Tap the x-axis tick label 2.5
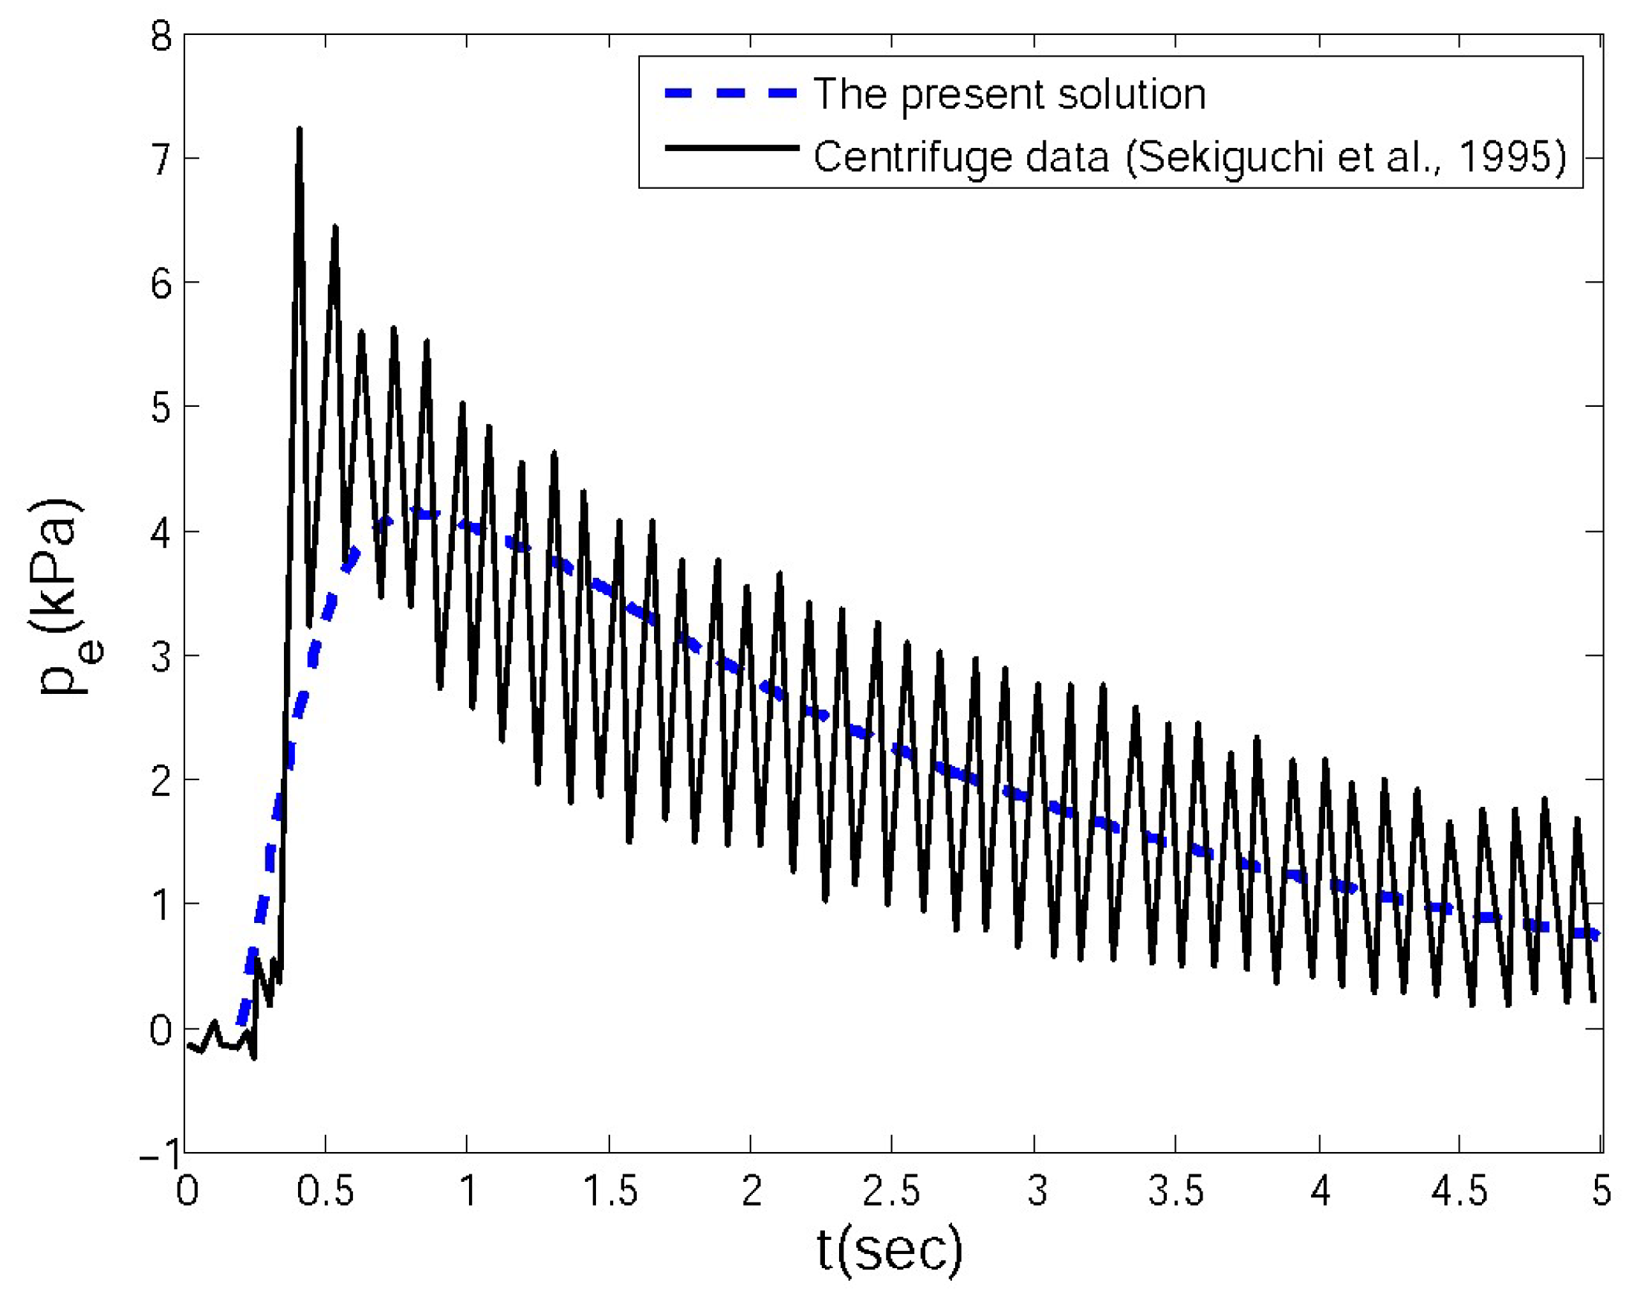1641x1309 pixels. [890, 1191]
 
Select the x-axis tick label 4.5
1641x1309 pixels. [1459, 1191]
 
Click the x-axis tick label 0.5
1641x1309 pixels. [325, 1191]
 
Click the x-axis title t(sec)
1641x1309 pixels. [889, 1249]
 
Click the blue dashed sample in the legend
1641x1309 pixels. [731, 94]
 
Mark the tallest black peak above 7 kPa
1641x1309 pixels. [299, 131]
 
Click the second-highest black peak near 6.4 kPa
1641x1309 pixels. [334, 228]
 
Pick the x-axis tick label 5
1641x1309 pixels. [1601, 1191]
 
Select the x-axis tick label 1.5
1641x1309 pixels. [609, 1191]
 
